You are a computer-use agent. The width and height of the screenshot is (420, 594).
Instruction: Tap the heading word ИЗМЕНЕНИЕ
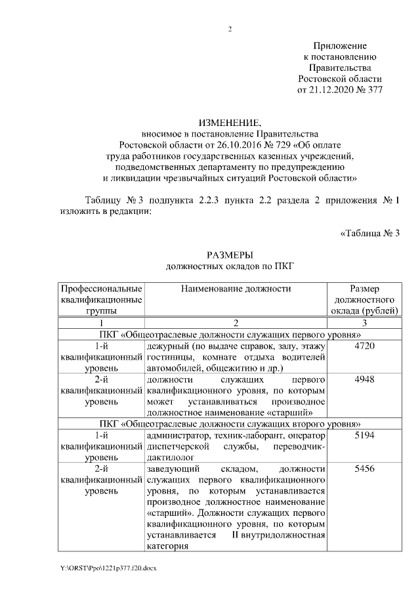tap(230, 122)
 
